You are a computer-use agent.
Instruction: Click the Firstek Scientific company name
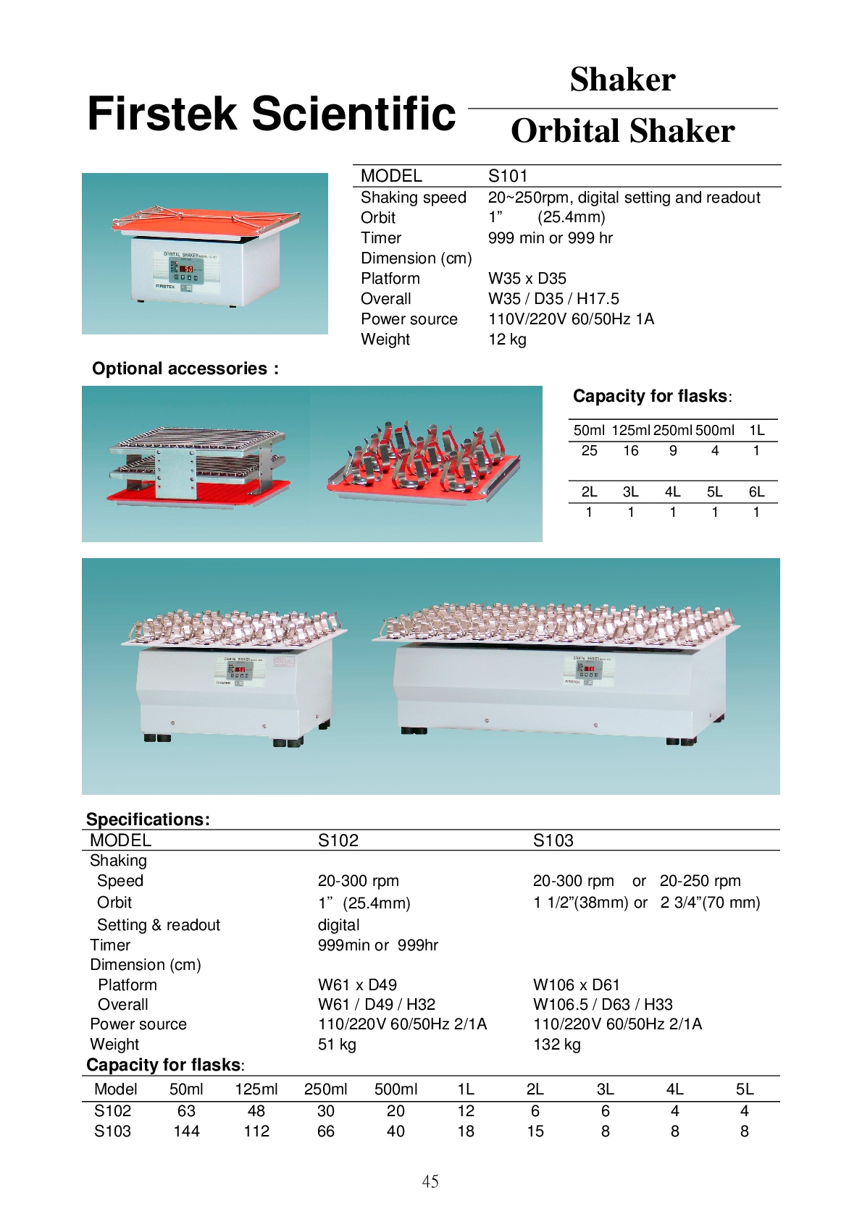272,114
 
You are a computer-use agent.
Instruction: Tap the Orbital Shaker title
622,131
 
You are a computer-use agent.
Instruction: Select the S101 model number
508,176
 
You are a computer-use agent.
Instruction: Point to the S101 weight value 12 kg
507,339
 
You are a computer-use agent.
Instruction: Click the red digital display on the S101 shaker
188,269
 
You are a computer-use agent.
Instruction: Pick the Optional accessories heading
185,368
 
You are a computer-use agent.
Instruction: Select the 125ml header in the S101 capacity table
630,430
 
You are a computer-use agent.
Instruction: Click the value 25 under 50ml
589,450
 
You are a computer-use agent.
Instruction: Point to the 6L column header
756,492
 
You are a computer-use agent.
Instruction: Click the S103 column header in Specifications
553,840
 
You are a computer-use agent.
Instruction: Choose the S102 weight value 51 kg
337,1045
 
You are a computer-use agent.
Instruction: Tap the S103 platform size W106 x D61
577,985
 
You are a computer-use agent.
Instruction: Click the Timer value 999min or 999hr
377,945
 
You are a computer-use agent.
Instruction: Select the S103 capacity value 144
186,1131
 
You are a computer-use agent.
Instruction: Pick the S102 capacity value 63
186,1111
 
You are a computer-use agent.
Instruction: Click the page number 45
430,1181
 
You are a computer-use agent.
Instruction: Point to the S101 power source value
571,319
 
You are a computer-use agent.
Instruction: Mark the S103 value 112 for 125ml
256,1131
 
